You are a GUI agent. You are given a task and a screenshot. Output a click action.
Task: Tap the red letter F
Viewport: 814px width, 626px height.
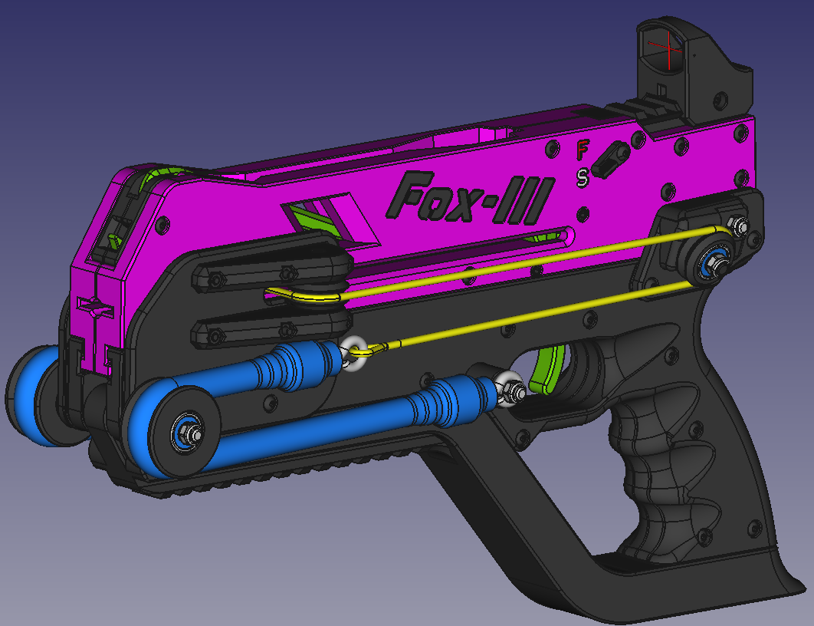[x=583, y=148]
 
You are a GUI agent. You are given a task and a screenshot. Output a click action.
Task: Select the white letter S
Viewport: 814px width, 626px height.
[x=583, y=177]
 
